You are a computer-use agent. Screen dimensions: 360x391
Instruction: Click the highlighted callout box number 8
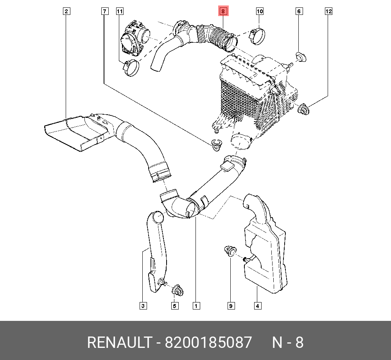[222, 11]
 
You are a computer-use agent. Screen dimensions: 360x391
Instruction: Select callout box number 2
[66, 11]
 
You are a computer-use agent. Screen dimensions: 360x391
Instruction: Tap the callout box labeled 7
[104, 11]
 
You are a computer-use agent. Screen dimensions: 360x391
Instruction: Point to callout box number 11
[120, 11]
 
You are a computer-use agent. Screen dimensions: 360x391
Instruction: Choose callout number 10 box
[260, 11]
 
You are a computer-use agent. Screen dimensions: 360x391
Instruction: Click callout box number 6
[298, 11]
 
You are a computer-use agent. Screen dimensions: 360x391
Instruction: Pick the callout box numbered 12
[328, 11]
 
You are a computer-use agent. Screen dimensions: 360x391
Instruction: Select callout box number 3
[143, 306]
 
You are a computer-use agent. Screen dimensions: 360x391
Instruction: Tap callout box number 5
[174, 306]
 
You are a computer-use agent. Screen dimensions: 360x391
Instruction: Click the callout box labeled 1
[195, 306]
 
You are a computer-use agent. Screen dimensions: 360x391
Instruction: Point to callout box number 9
[231, 306]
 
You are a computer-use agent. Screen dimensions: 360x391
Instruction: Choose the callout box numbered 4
[257, 306]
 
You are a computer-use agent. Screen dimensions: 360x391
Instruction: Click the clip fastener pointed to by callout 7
[215, 144]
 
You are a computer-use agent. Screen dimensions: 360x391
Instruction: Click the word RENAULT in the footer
[119, 343]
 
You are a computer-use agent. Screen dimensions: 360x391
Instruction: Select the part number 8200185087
[208, 343]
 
